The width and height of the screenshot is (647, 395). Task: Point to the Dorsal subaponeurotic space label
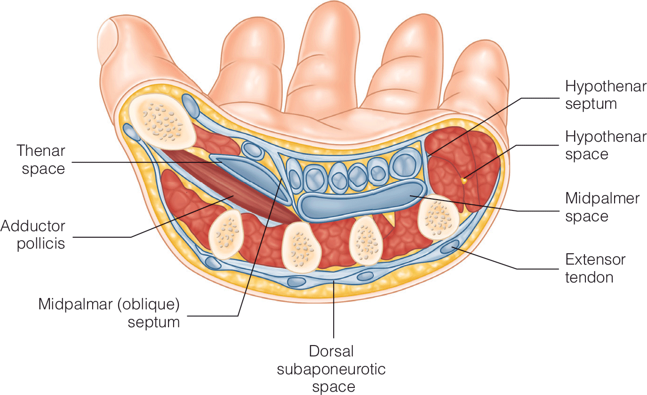(x=331, y=369)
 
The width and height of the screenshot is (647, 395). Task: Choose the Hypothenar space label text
(x=606, y=145)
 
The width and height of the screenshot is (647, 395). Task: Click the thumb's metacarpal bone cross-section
(x=162, y=121)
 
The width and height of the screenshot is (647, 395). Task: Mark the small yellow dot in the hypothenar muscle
(x=464, y=179)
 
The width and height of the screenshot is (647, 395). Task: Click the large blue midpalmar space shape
(x=362, y=200)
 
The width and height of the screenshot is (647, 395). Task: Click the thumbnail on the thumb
(x=109, y=35)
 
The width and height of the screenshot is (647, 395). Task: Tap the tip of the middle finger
(x=329, y=19)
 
